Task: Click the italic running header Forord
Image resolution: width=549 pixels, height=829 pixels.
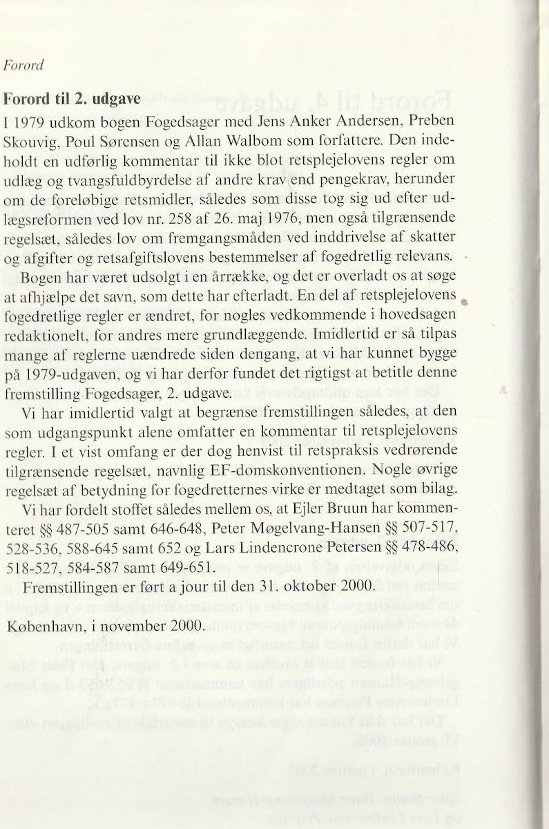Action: (24, 66)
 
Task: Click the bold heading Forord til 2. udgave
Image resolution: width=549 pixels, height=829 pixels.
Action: (72, 98)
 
